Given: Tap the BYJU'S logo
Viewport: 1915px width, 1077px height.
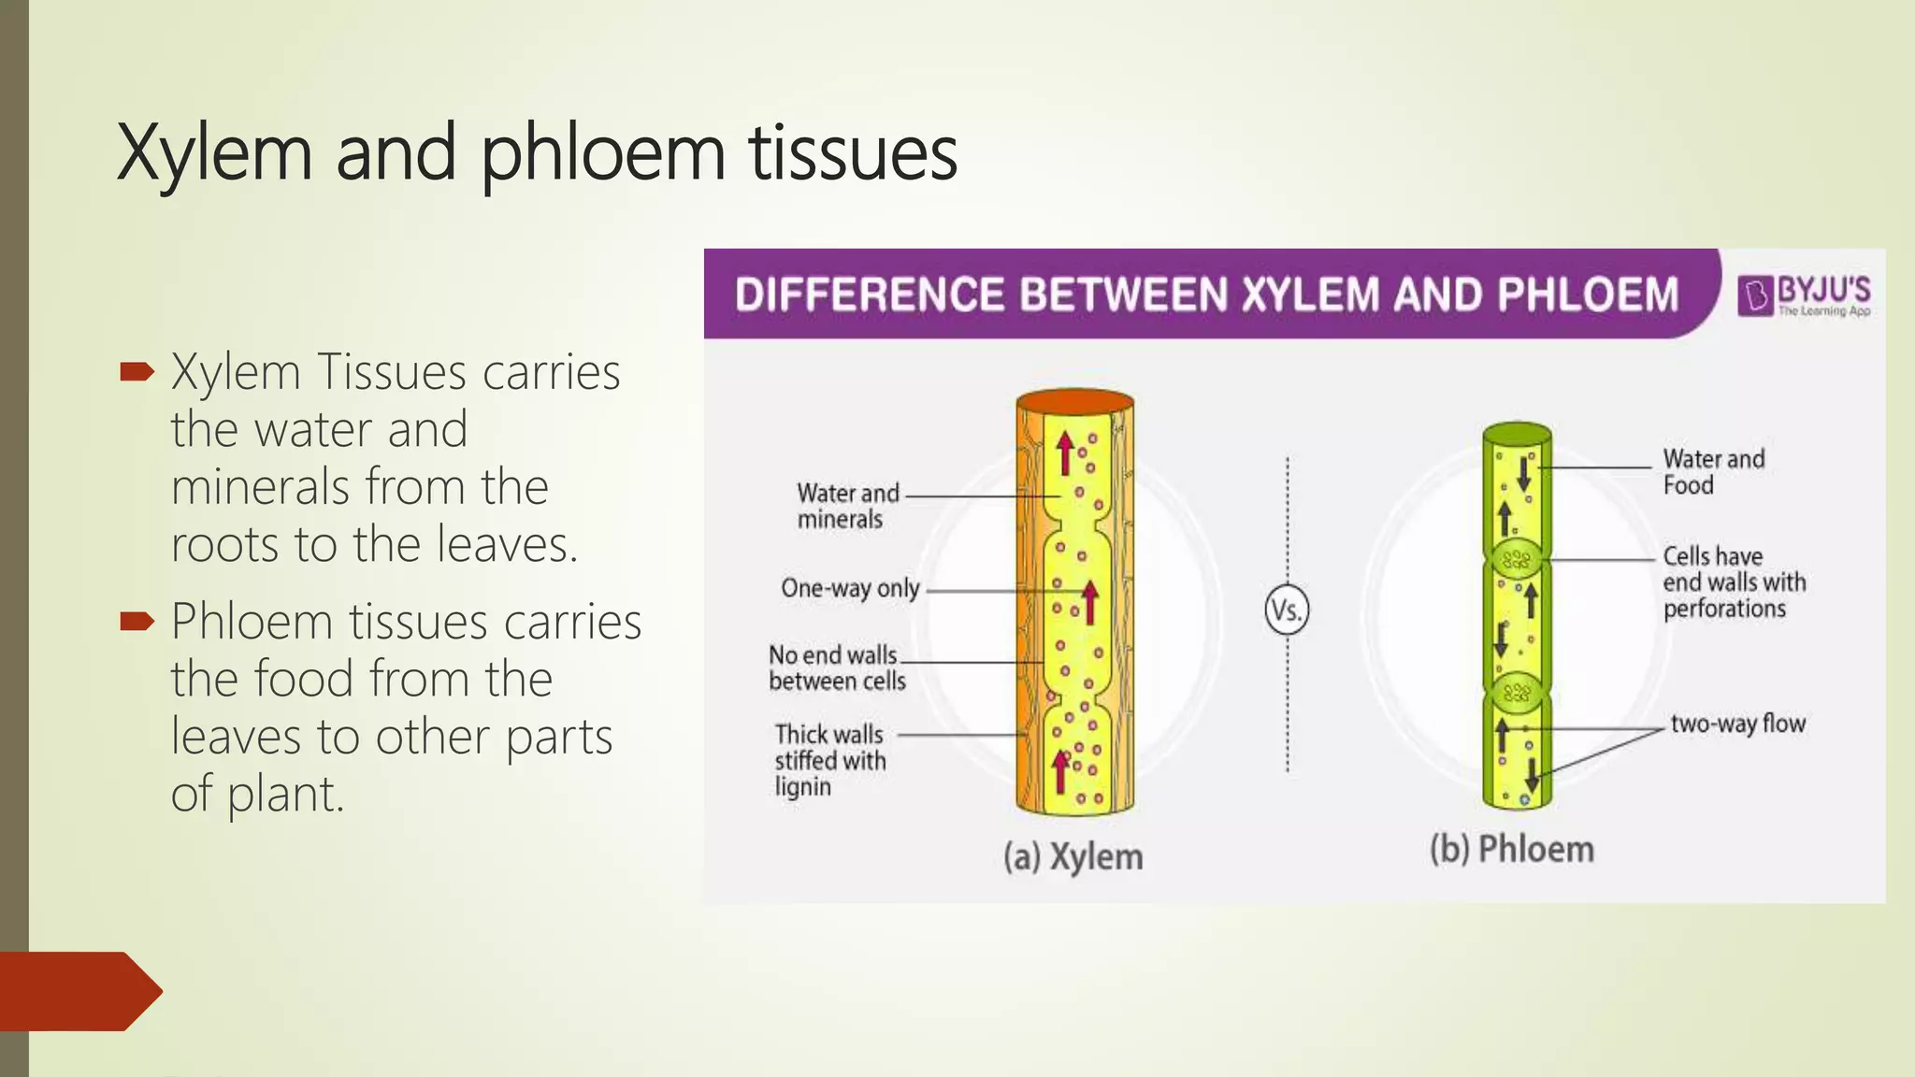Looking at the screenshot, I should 1804,295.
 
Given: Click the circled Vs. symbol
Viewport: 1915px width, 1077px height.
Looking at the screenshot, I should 1287,610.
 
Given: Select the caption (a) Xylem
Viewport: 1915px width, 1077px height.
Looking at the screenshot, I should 1073,856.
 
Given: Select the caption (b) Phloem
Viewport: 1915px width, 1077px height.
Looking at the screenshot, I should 1511,849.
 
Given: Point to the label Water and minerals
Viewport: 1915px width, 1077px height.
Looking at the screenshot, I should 847,506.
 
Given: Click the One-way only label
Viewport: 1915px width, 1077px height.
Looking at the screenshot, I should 850,588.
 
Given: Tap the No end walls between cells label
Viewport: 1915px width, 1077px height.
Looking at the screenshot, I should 837,668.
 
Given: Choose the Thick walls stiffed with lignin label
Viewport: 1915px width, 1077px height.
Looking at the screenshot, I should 829,760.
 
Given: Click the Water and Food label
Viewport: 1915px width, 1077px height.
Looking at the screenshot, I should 1713,471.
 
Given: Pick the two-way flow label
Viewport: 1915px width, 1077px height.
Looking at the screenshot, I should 1737,723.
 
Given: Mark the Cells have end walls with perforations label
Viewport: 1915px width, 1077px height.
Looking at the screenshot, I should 1734,582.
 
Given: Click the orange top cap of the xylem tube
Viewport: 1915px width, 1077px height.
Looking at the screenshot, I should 1075,402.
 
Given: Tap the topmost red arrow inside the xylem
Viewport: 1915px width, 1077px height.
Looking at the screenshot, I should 1064,453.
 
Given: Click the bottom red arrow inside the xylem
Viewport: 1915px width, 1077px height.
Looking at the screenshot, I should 1060,771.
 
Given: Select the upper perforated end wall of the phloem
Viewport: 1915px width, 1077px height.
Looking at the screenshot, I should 1517,561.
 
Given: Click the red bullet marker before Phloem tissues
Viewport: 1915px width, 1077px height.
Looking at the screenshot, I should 137,621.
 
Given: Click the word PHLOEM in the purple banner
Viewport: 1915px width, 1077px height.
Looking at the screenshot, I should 1588,294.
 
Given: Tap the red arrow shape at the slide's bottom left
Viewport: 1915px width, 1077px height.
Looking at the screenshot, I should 79,991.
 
